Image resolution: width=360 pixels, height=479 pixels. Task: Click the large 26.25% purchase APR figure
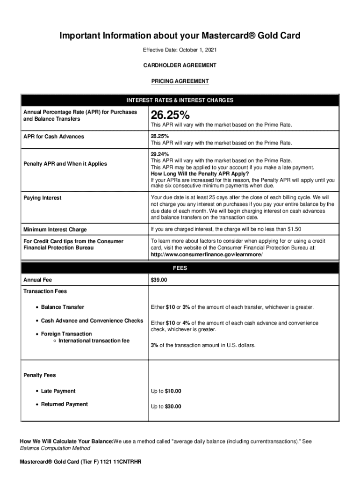pos(170,115)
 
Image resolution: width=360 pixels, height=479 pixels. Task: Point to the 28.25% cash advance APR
pos(160,136)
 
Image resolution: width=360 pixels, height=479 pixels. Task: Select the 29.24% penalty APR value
pos(160,154)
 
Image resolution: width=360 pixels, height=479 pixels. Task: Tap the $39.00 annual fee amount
pos(159,280)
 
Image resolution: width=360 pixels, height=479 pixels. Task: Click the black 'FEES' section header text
pos(180,269)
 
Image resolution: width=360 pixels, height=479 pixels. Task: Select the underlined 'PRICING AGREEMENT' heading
pos(180,81)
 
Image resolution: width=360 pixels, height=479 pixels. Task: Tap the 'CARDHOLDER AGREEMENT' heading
pos(180,65)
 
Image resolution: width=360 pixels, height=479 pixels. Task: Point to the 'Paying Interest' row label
pos(43,198)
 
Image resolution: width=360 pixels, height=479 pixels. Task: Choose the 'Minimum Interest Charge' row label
pos(55,230)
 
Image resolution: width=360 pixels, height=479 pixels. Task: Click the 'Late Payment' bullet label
pos(58,391)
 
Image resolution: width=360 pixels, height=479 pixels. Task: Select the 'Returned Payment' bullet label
pos(64,404)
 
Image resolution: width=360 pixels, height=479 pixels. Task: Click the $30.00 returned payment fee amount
pos(173,406)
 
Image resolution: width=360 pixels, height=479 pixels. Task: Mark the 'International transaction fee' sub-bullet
pos(94,341)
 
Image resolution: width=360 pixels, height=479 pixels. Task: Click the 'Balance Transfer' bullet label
pos(63,307)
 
